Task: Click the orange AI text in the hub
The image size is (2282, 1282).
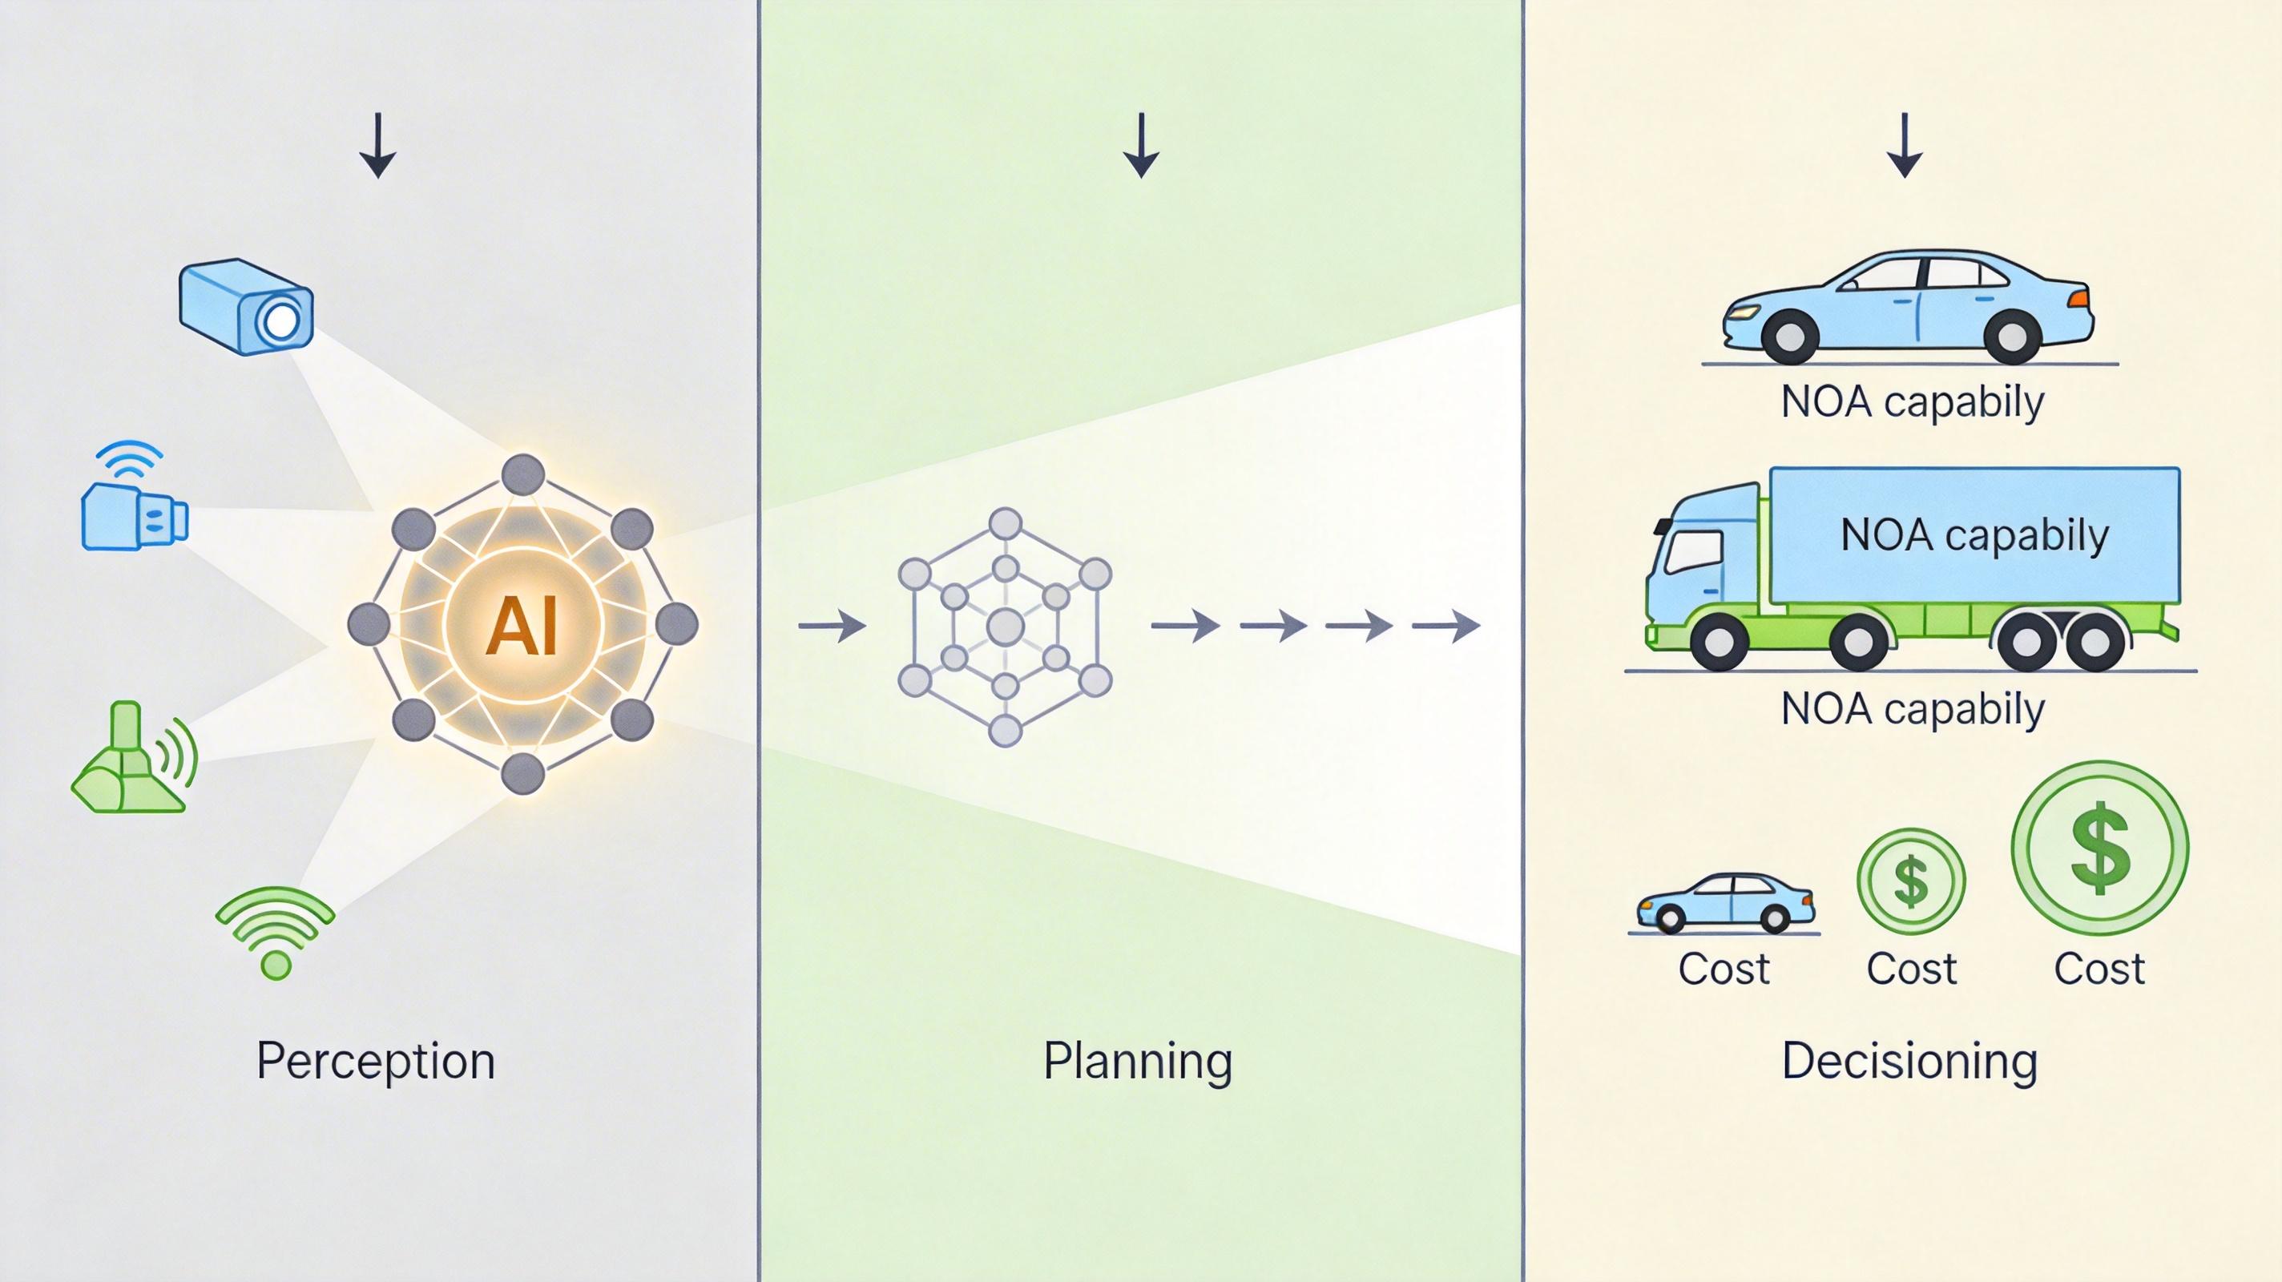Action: click(522, 626)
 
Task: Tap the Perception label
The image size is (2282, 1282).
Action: click(376, 1061)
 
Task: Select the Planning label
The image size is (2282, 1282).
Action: click(1138, 1061)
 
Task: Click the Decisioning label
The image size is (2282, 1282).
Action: click(1909, 1061)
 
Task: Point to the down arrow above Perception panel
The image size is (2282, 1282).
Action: click(377, 145)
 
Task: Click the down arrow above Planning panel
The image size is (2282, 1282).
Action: click(1141, 145)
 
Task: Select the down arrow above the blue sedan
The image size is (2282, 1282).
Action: click(1905, 145)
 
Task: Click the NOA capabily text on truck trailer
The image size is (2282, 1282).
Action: click(1974, 535)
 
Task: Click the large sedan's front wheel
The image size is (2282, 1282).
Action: click(1789, 336)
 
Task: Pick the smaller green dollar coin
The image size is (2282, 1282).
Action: click(1911, 881)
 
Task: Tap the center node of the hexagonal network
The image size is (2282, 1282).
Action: click(1005, 627)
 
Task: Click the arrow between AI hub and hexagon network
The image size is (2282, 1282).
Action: click(832, 626)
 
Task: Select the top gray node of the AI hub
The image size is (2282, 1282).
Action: click(522, 475)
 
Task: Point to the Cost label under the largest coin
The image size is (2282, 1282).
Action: click(2099, 969)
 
